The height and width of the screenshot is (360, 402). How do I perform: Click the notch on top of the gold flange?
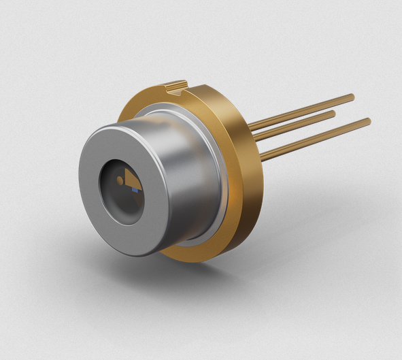(175, 86)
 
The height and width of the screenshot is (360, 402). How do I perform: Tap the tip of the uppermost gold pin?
(352, 97)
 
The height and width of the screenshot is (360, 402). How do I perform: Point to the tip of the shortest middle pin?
(333, 114)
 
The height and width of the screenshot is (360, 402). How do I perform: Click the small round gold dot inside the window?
(118, 181)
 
